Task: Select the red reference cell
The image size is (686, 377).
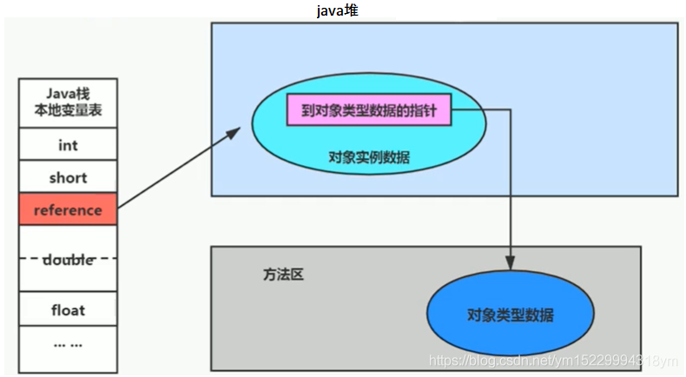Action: click(x=68, y=210)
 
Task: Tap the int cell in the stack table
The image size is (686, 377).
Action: click(x=68, y=145)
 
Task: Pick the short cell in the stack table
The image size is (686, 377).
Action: click(x=68, y=177)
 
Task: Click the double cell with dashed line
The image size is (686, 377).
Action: click(x=68, y=259)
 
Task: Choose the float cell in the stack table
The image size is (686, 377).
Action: click(x=68, y=309)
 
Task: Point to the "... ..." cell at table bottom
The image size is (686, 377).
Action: click(x=68, y=344)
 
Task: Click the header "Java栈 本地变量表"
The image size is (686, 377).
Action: click(x=68, y=103)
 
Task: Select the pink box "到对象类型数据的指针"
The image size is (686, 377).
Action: click(x=369, y=110)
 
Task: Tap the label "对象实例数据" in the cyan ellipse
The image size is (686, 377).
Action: click(x=369, y=157)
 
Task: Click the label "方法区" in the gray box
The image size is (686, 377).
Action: click(x=283, y=274)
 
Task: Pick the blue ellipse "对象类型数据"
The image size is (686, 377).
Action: click(x=510, y=314)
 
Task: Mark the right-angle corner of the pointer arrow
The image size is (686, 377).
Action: click(x=510, y=110)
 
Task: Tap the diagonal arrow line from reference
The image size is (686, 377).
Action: click(x=178, y=169)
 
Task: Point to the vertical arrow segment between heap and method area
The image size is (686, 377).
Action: click(x=510, y=191)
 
